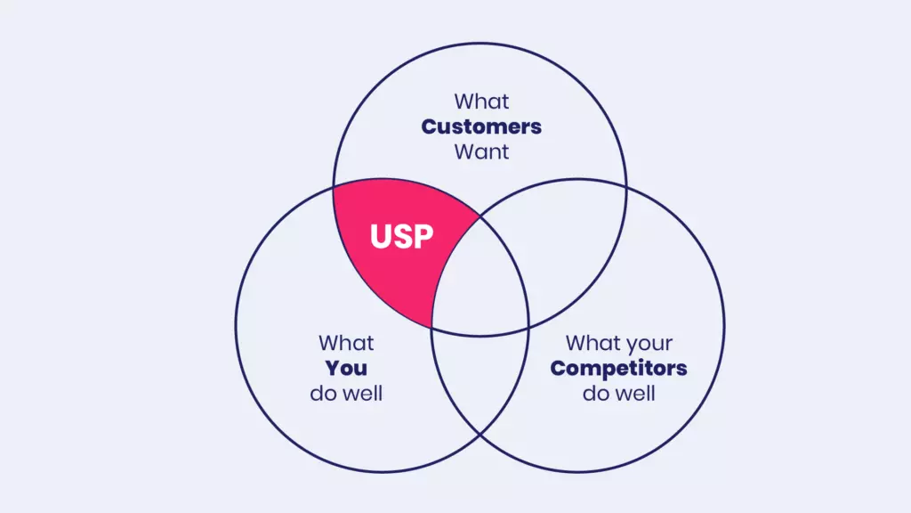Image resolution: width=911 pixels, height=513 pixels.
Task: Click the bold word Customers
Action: click(x=481, y=126)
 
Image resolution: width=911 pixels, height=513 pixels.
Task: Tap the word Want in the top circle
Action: click(x=481, y=151)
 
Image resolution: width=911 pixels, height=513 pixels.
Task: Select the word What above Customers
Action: click(x=481, y=101)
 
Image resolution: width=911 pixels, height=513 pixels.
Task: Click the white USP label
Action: click(x=401, y=238)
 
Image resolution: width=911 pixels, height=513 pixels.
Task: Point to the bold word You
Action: click(x=346, y=368)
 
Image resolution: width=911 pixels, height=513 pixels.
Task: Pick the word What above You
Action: click(x=346, y=343)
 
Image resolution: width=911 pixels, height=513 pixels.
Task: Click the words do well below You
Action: click(x=346, y=393)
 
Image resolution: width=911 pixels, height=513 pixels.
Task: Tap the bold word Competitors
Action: click(x=618, y=368)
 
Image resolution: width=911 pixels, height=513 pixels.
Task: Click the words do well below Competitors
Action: click(x=618, y=393)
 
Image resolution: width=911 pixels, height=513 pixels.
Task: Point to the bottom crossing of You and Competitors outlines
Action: click(x=480, y=435)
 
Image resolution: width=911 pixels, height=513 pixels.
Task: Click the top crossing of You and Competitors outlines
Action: click(x=480, y=215)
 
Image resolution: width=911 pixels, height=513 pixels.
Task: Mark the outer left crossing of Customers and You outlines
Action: click(x=334, y=188)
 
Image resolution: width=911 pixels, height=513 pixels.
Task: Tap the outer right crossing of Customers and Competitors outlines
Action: click(x=626, y=188)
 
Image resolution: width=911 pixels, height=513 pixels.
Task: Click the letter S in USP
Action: click(x=401, y=238)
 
